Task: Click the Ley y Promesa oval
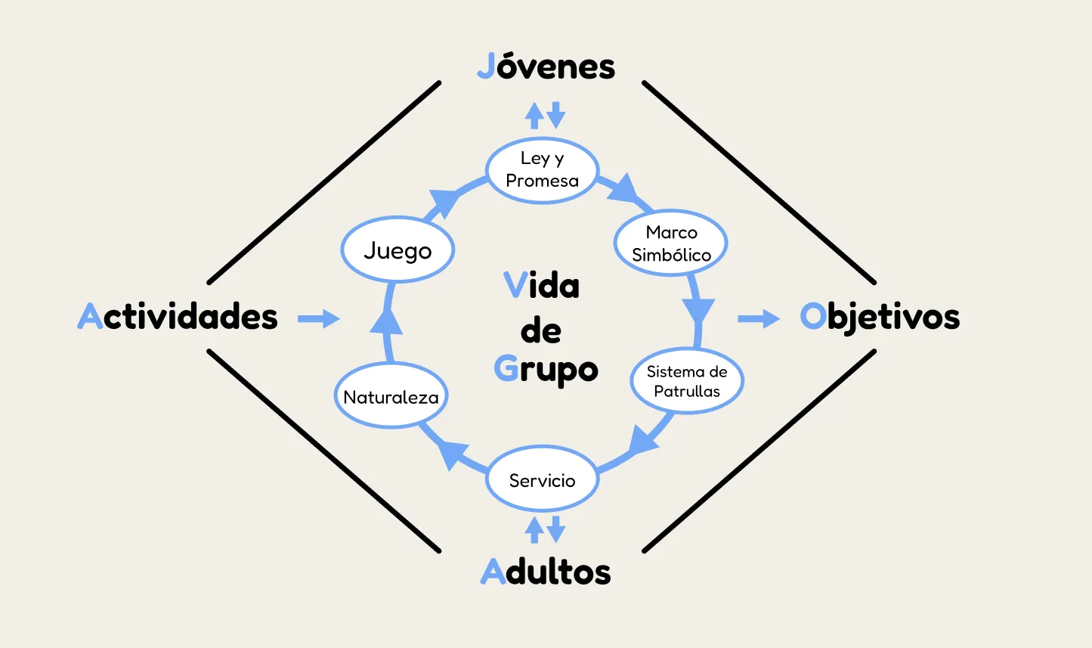pos(542,170)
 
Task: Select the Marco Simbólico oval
pos(670,243)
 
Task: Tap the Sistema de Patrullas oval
pos(686,381)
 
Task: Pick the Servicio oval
pos(542,480)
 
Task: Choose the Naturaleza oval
pos(391,397)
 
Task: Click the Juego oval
pos(398,250)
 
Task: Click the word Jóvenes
pos(546,67)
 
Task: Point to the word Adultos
pos(546,572)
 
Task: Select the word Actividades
pos(178,316)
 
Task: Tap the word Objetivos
pos(880,317)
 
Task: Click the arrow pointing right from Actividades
pos(318,319)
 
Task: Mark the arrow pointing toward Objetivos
pos(758,319)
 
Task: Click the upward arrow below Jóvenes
pos(534,116)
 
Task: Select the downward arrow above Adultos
pos(556,529)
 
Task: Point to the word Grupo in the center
pos(546,370)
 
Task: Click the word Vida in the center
pos(541,286)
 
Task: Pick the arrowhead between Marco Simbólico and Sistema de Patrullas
pos(698,309)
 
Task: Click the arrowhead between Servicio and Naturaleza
pos(453,454)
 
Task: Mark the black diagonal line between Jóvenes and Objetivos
pos(758,182)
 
